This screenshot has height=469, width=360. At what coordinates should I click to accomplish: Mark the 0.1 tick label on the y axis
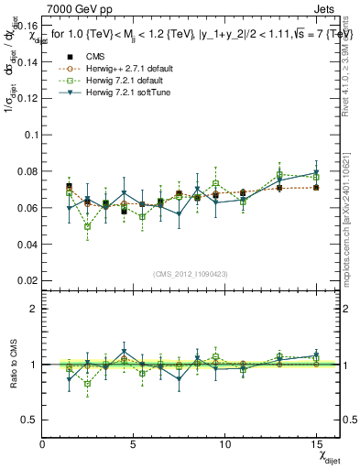30,134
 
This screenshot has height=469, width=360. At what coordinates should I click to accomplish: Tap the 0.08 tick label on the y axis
27,170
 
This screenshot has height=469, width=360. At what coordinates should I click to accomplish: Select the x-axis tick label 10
225,443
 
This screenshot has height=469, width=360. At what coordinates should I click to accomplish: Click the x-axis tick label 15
316,443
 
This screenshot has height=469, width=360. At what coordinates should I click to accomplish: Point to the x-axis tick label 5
134,443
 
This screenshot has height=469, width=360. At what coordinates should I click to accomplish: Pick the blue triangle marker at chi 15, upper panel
316,172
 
